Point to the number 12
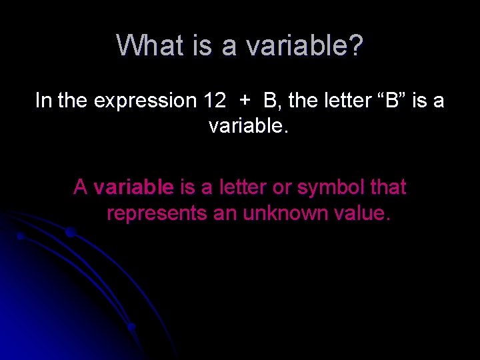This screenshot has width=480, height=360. [214, 101]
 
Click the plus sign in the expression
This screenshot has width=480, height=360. [245, 101]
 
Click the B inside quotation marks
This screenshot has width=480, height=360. [395, 101]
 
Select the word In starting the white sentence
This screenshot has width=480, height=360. [43, 101]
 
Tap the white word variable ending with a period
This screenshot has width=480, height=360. [248, 125]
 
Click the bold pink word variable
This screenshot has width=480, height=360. [134, 188]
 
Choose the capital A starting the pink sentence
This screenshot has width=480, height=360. [81, 188]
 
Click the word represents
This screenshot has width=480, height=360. [157, 213]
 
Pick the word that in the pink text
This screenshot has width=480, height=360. [388, 188]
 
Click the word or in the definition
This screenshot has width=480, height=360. [282, 188]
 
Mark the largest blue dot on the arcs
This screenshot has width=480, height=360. [70, 232]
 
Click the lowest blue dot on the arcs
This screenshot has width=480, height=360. [132, 327]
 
